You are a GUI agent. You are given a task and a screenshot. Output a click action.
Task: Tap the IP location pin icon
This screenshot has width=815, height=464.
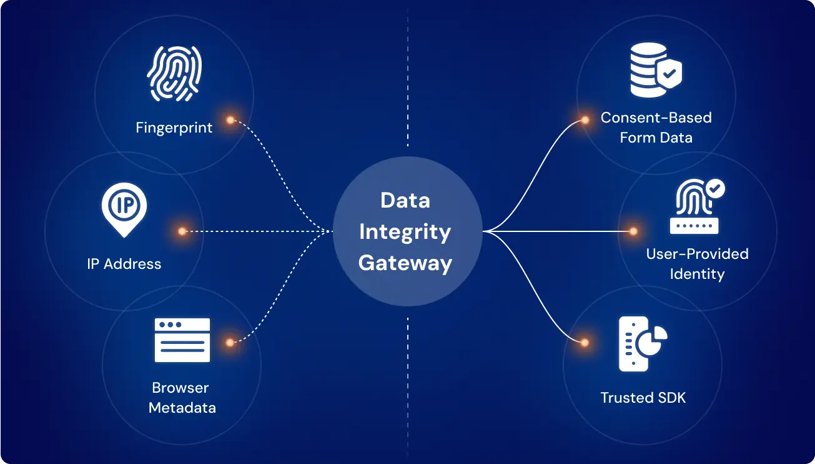click(x=124, y=209)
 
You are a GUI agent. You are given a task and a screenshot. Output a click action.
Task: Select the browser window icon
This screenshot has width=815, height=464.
click(x=182, y=340)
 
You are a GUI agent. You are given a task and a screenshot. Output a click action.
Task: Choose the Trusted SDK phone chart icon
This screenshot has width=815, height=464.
click(x=642, y=343)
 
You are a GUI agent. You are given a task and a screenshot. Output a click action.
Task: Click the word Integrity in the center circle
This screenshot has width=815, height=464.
click(x=405, y=232)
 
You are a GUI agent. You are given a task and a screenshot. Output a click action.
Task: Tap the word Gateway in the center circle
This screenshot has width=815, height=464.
click(x=405, y=263)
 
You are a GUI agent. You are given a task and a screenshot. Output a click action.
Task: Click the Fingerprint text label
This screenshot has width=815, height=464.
click(x=174, y=128)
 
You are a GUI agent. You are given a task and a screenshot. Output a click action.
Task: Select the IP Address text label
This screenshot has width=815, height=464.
click(x=124, y=264)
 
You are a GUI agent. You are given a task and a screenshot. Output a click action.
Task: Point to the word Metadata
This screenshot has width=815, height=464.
click(x=182, y=408)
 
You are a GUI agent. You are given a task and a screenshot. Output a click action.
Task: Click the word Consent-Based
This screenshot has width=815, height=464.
click(x=656, y=118)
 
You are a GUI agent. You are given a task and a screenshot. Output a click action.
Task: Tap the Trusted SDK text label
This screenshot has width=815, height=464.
click(x=643, y=398)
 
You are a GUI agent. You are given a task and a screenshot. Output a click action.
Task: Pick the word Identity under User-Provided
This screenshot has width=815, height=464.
click(x=697, y=274)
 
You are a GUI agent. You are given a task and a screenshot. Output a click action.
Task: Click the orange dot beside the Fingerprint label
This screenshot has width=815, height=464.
click(x=230, y=120)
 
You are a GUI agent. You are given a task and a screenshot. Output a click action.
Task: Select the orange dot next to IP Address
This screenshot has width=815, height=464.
click(x=182, y=231)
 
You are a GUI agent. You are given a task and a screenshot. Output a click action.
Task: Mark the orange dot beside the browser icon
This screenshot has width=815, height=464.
click(x=230, y=342)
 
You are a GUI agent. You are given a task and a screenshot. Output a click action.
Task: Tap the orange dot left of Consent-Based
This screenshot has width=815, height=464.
click(x=585, y=120)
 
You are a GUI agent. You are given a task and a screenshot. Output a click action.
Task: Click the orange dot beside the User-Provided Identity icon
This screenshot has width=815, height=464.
click(x=633, y=231)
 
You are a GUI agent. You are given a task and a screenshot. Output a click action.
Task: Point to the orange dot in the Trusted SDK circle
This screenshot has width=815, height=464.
click(x=585, y=343)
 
